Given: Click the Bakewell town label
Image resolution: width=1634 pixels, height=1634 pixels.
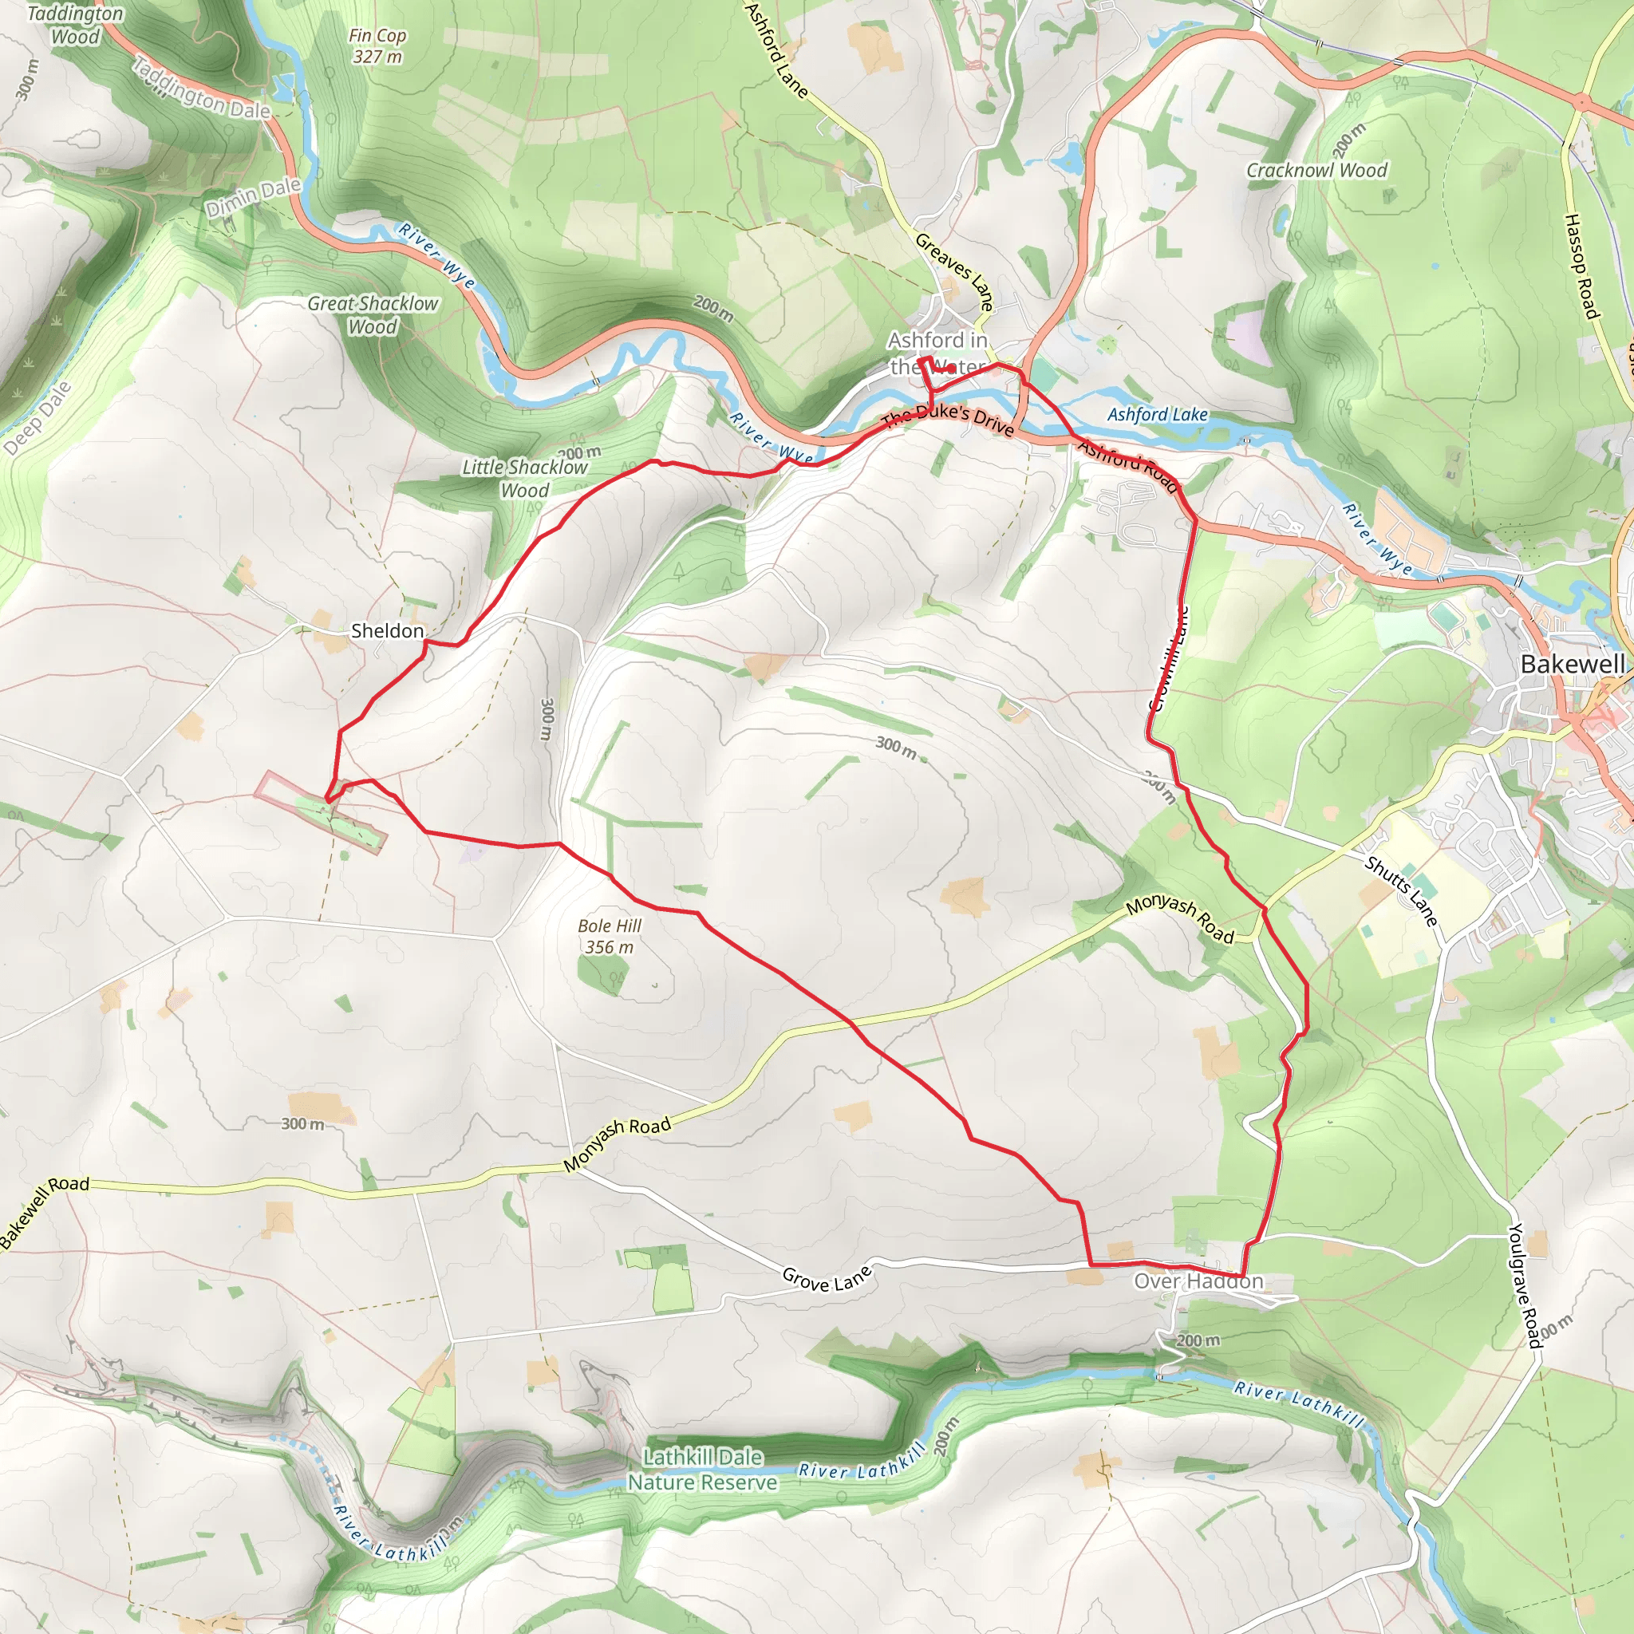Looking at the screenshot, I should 1573,664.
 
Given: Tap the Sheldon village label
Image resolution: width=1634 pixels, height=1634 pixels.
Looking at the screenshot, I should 386,631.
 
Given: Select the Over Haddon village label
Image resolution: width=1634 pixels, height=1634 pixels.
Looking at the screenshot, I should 1198,1281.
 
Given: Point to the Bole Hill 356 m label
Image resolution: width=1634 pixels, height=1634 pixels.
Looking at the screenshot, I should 609,936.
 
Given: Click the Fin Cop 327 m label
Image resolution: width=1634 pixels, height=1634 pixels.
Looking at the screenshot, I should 377,46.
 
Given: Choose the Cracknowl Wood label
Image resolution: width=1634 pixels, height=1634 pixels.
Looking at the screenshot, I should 1316,170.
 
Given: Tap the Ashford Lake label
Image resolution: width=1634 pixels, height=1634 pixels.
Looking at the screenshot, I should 1157,414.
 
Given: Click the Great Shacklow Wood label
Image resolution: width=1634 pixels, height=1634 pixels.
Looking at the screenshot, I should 372,314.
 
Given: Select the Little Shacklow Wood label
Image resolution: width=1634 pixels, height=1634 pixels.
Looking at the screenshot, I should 524,479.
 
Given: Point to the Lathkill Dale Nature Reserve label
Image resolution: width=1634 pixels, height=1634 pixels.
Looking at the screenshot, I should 702,1469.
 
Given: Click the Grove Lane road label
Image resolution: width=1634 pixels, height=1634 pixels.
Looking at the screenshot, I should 826,1278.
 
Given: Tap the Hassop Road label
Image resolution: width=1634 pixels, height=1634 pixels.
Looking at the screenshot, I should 1580,266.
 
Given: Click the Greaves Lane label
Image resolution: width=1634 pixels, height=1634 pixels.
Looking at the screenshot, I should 954,270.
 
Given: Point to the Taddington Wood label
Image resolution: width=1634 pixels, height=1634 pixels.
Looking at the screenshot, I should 74,26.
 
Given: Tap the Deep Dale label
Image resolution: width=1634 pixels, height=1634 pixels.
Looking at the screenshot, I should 37,419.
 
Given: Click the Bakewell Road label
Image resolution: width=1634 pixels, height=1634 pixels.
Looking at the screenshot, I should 44,1210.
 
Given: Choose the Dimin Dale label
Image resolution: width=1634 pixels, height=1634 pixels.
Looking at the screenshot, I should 253,197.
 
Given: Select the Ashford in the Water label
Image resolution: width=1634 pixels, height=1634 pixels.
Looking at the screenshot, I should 937,353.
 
